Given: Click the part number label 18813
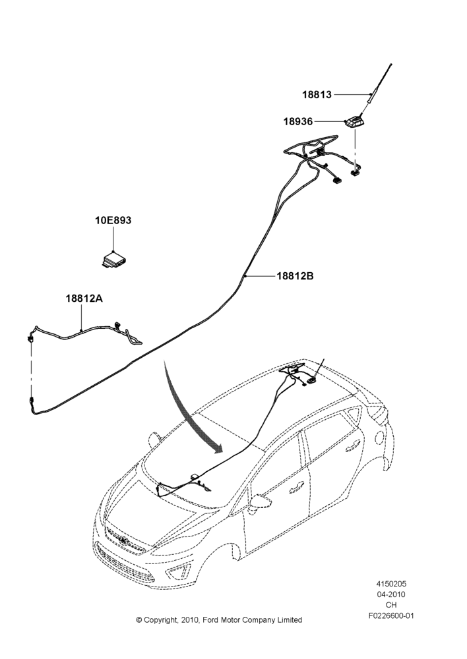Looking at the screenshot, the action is tap(317, 94).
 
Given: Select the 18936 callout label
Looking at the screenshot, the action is tap(298, 121).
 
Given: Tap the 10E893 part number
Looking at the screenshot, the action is tap(113, 220).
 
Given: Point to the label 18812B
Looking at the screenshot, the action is tap(295, 276).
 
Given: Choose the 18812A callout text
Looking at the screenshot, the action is tap(84, 299).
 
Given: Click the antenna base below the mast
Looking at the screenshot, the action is tap(354, 123).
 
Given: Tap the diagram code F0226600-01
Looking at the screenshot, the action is tap(391, 616).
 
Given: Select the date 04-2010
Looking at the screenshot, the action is tap(391, 594).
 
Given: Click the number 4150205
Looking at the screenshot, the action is tap(391, 584).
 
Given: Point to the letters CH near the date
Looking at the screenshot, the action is tap(391, 605).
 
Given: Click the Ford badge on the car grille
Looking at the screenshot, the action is tap(123, 541).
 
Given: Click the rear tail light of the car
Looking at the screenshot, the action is tap(378, 415).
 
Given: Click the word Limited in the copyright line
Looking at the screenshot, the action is tap(290, 620).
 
